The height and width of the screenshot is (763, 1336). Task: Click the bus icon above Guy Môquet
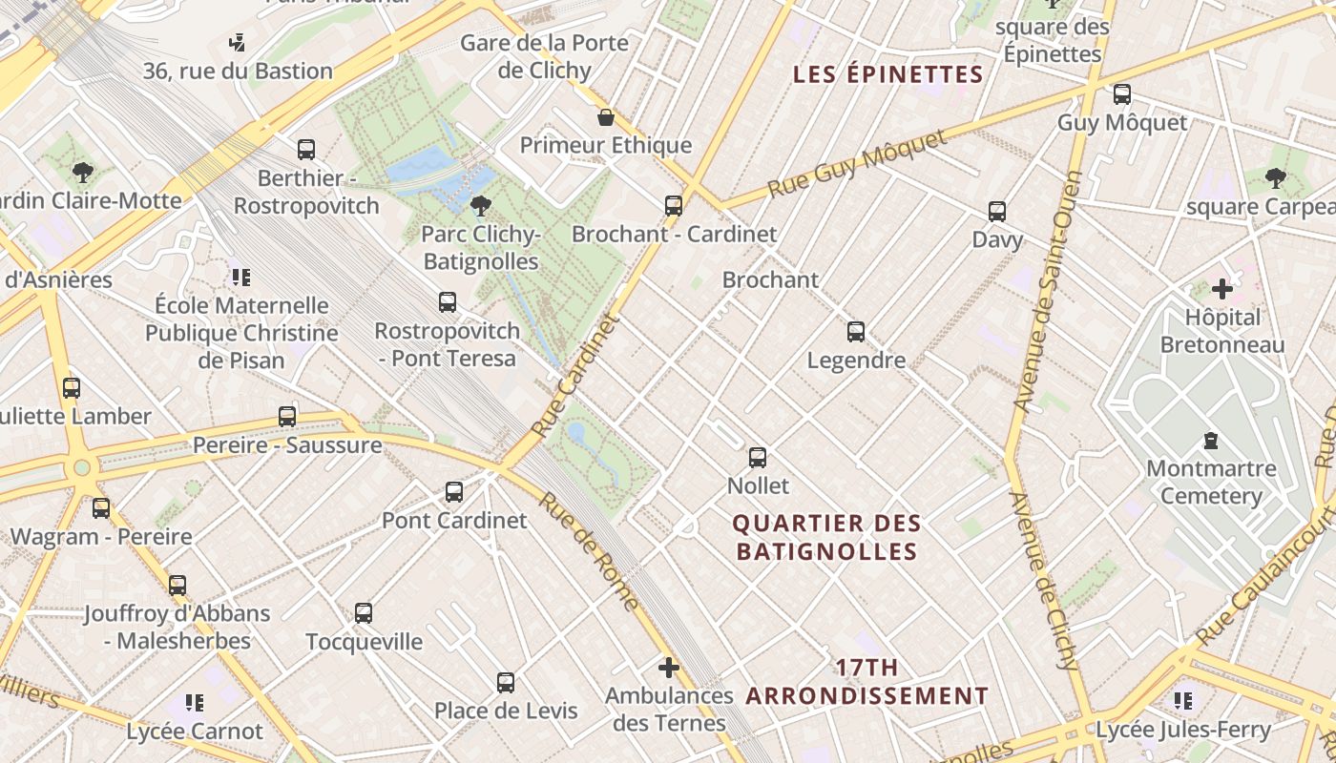pos(1122,94)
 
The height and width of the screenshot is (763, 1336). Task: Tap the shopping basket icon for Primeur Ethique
pos(606,117)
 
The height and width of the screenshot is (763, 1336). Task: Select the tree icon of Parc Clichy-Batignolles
pos(481,205)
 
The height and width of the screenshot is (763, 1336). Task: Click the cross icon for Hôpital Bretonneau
pos(1222,288)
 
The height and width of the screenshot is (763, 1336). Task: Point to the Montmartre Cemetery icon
pos(1211,441)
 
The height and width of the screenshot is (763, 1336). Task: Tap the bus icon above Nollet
pos(758,458)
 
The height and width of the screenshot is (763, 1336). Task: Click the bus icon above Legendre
pos(856,332)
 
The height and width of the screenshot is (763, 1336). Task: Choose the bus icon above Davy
pos(997,212)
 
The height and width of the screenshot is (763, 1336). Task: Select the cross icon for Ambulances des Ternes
pos(669,668)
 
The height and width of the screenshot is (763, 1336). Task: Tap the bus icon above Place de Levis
pos(506,683)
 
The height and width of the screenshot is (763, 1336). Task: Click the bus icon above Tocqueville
pos(364,613)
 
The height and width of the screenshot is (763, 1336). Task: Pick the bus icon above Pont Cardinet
pos(454,492)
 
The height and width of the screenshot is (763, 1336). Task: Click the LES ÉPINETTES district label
pos(888,75)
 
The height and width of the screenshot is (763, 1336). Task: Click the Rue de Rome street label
pos(588,550)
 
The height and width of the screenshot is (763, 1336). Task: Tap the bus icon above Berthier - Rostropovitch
pos(306,150)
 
